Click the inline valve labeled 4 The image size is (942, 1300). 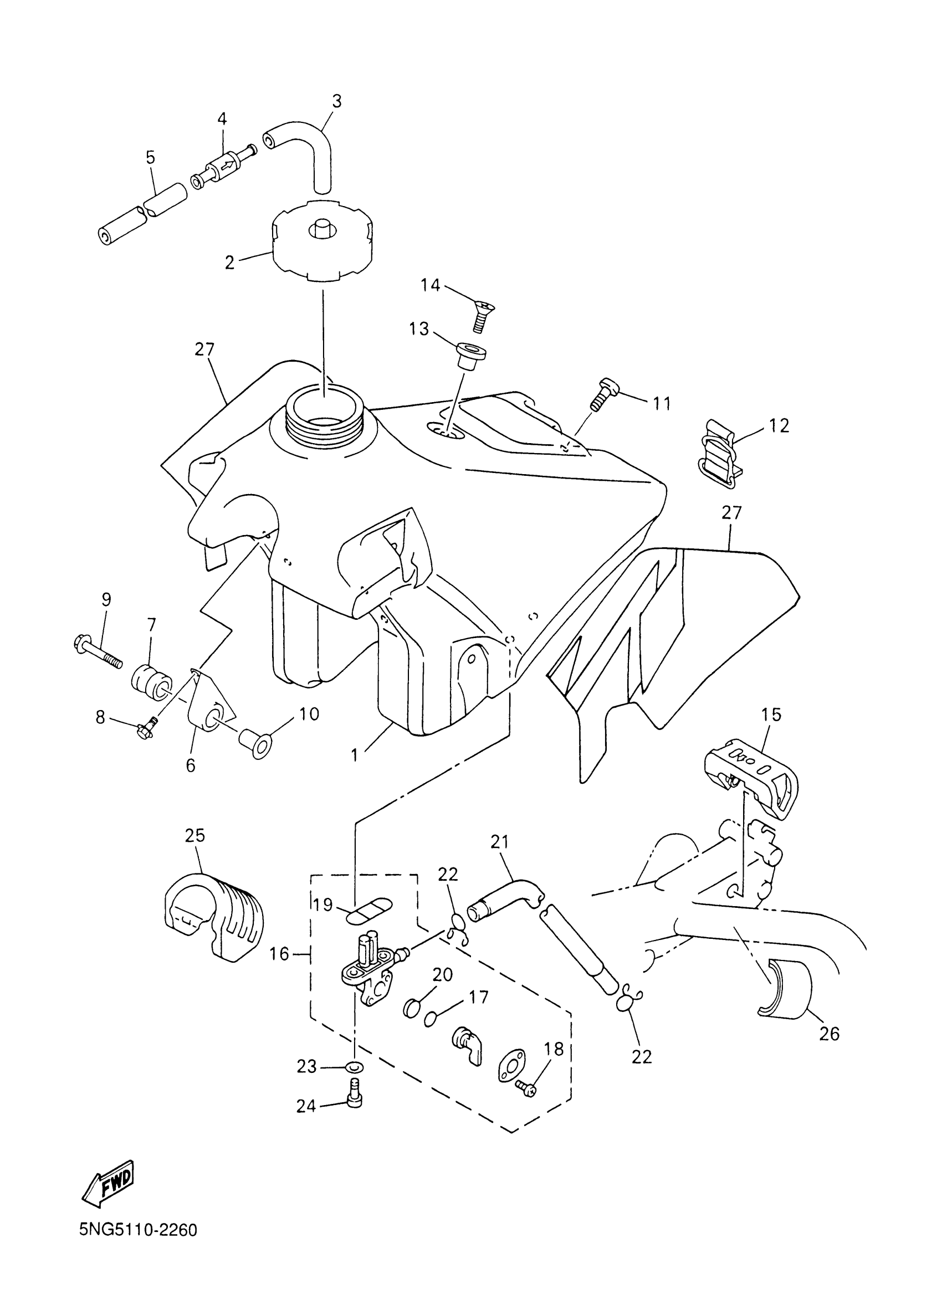(x=226, y=167)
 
